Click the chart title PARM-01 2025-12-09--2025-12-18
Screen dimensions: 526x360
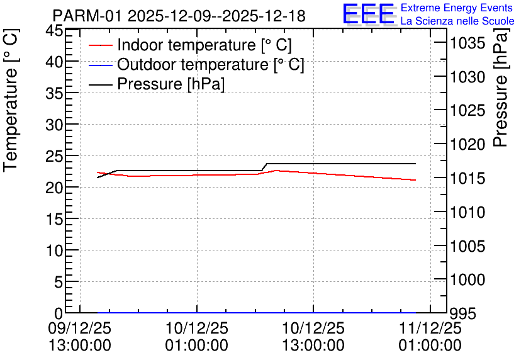[179, 16]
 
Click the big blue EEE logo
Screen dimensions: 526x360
[369, 14]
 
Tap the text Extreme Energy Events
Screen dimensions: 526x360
[457, 8]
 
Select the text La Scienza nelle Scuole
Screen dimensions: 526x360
[457, 21]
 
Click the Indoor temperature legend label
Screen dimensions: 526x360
[204, 45]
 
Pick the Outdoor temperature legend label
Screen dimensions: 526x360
[210, 64]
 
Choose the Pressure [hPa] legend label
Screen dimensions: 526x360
[171, 84]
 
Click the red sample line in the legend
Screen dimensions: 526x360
[100, 45]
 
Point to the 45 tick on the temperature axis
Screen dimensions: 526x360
[54, 31]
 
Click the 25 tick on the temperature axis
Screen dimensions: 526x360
[54, 156]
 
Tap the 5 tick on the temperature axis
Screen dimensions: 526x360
[59, 282]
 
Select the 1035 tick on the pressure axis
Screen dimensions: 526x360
[467, 43]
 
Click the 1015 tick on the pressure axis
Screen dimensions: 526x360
[467, 178]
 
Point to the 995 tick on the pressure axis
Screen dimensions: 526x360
[463, 314]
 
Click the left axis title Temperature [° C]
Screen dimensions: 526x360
[11, 100]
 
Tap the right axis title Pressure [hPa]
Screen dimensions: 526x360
[501, 87]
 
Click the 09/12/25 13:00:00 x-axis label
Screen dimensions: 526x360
[80, 337]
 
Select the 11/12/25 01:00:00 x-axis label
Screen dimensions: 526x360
[430, 337]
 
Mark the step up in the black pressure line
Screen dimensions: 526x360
[264, 167]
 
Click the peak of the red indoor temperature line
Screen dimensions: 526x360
[276, 171]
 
